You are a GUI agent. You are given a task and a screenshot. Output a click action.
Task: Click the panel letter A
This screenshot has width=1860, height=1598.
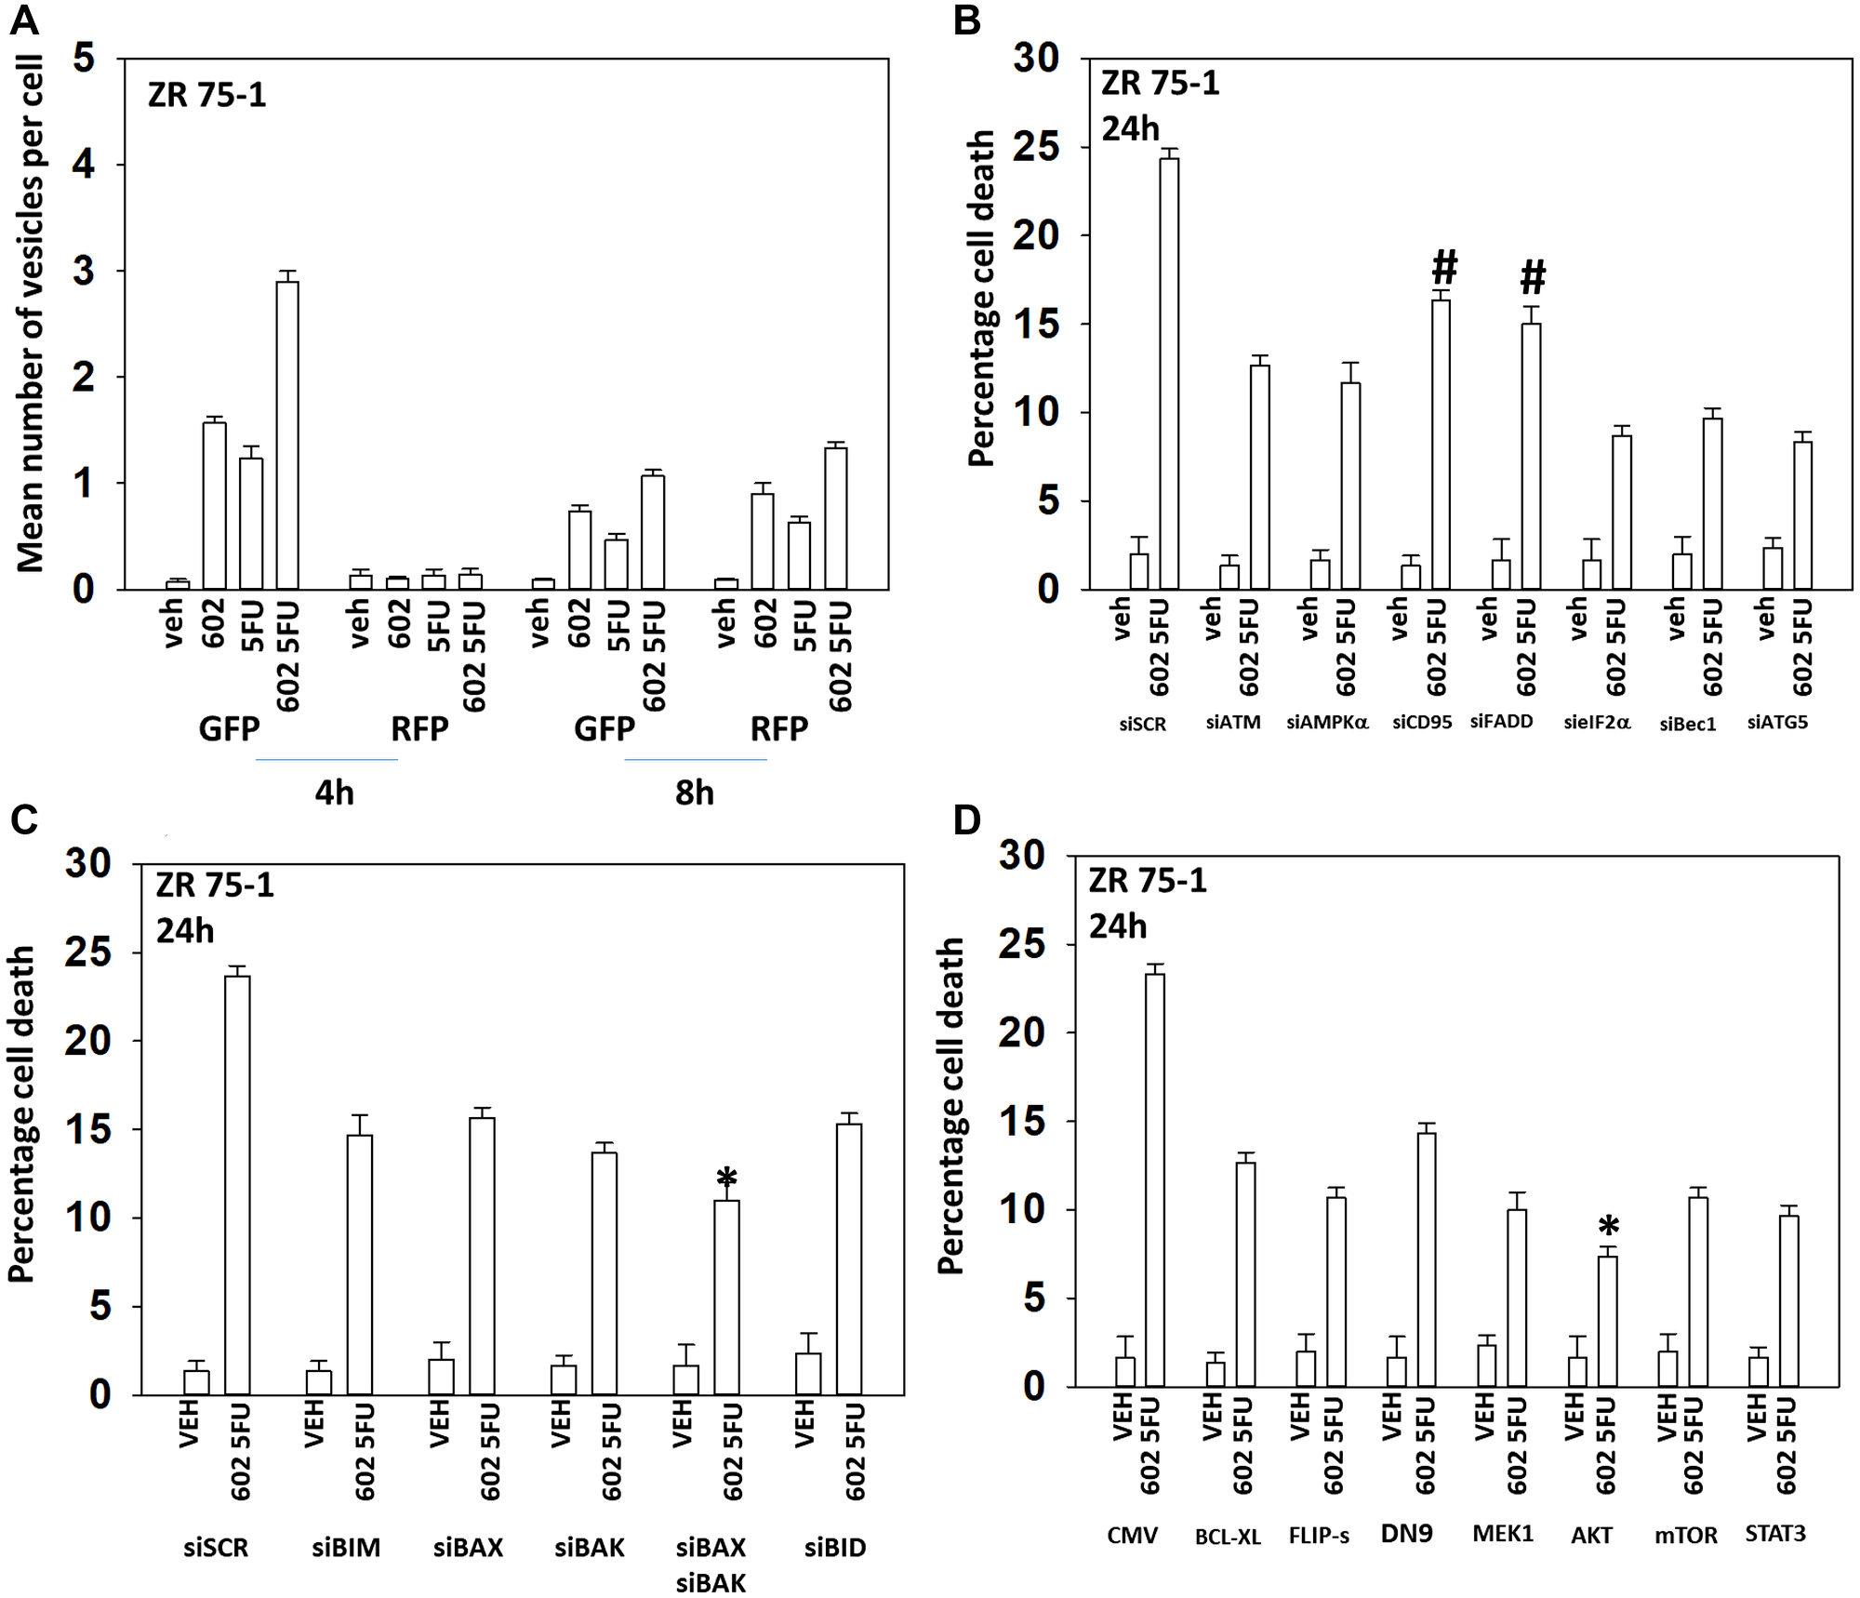[x=24, y=20]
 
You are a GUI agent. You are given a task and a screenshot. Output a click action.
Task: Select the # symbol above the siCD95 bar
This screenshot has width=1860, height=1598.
[x=1443, y=268]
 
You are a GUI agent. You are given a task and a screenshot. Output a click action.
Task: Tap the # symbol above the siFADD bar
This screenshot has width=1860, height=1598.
[x=1533, y=277]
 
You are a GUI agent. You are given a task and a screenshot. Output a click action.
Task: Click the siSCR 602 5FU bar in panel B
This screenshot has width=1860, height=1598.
[x=1168, y=373]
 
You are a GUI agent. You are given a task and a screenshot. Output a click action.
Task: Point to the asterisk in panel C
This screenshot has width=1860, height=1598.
[x=726, y=1179]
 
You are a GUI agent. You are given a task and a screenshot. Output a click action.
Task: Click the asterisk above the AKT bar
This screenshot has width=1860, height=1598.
[x=1608, y=1227]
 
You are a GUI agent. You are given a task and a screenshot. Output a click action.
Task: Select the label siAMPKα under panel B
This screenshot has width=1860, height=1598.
[x=1327, y=723]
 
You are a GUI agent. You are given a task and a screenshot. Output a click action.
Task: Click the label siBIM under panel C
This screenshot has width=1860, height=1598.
[x=346, y=1548]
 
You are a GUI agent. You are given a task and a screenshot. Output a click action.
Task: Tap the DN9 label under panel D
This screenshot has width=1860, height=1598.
[x=1406, y=1533]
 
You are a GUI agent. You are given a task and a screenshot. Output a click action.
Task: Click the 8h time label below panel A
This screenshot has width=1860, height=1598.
[x=695, y=792]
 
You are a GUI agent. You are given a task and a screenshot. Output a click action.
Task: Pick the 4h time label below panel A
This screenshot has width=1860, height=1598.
[x=334, y=792]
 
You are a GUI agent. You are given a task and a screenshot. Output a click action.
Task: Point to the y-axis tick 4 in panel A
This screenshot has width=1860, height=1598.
[x=84, y=165]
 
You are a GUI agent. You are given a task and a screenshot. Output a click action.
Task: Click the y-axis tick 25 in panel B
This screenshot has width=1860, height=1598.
[x=1036, y=147]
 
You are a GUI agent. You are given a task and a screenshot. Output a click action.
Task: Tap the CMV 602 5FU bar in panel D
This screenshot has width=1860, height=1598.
[x=1154, y=1179]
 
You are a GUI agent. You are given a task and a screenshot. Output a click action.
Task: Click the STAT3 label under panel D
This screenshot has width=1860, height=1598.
[x=1774, y=1533]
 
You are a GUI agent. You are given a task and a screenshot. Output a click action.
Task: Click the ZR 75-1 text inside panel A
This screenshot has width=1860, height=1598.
[x=206, y=95]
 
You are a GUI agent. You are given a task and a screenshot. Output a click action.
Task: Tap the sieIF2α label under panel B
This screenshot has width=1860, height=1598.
[x=1597, y=723]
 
